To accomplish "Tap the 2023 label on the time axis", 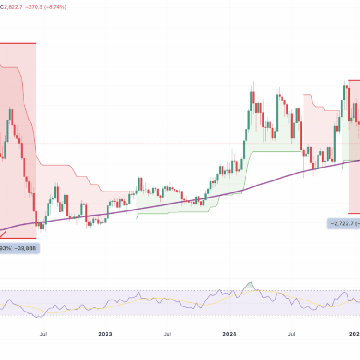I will coord(105,333).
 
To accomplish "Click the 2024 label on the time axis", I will coord(229,333).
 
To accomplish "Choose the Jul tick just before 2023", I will coord(43,333).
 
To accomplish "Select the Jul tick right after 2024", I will coord(292,333).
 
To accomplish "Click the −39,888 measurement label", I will coord(27,248).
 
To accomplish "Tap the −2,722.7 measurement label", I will coord(343,223).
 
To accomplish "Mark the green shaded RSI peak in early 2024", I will coord(251,286).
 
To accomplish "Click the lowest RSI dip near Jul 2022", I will coord(39,317).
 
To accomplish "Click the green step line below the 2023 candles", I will coord(185,212).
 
